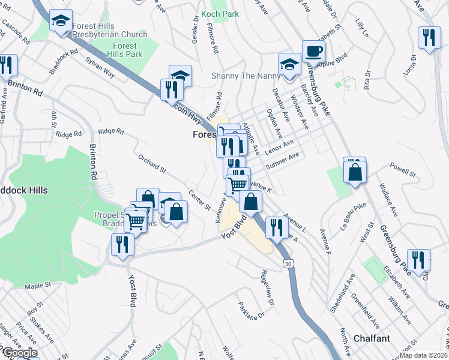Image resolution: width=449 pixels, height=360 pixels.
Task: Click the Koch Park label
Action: pyautogui.click(x=220, y=14)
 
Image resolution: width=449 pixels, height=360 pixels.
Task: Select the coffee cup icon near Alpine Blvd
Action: pyautogui.click(x=313, y=52)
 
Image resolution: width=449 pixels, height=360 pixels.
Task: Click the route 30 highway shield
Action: pyautogui.click(x=289, y=263)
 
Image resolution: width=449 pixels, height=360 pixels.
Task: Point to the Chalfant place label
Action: pyautogui.click(x=360, y=338)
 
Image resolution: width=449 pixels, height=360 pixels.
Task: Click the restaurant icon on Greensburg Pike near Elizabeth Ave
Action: pyautogui.click(x=418, y=260)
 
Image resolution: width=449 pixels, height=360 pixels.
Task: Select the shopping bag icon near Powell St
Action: pyautogui.click(x=355, y=172)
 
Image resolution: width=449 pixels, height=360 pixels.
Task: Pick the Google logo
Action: pyautogui.click(x=19, y=353)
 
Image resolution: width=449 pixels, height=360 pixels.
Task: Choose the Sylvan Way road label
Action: pyautogui.click(x=100, y=66)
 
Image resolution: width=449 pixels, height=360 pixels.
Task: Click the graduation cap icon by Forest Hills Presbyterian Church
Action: pyautogui.click(x=59, y=21)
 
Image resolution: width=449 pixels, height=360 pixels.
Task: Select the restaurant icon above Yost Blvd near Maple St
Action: pyautogui.click(x=122, y=245)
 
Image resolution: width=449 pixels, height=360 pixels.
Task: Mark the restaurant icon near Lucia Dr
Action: pyautogui.click(x=429, y=38)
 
